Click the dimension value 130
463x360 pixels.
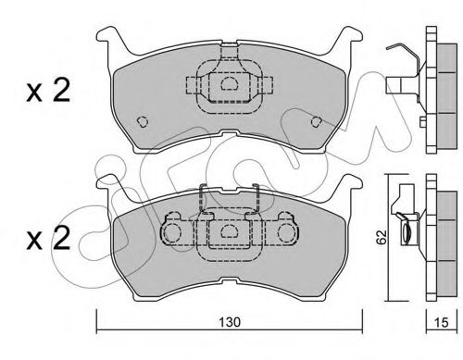[x=230, y=322]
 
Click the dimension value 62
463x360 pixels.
[x=382, y=237]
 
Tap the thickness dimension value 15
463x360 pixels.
[x=441, y=322]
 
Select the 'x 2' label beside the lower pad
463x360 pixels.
[x=48, y=238]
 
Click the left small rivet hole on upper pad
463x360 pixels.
[x=143, y=121]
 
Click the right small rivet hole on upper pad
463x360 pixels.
[x=317, y=121]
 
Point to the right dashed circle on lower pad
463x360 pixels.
[x=287, y=231]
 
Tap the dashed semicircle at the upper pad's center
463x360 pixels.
[x=229, y=83]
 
